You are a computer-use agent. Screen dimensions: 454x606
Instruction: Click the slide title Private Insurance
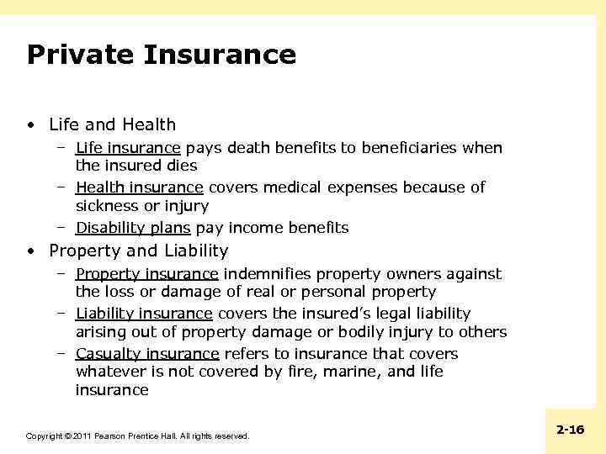pos(162,55)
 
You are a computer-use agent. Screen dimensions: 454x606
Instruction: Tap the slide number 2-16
pos(570,430)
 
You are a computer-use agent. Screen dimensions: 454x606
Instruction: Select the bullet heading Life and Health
pos(113,125)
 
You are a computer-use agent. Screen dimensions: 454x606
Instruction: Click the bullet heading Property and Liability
pos(139,251)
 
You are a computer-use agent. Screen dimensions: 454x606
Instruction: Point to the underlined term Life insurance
pos(128,149)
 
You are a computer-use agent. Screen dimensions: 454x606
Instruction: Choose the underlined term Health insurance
pos(140,187)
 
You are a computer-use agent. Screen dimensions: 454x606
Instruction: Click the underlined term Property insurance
pos(147,274)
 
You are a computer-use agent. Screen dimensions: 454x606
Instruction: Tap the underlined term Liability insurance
pos(144,314)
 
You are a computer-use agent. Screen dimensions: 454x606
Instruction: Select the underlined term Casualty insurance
pos(147,354)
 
